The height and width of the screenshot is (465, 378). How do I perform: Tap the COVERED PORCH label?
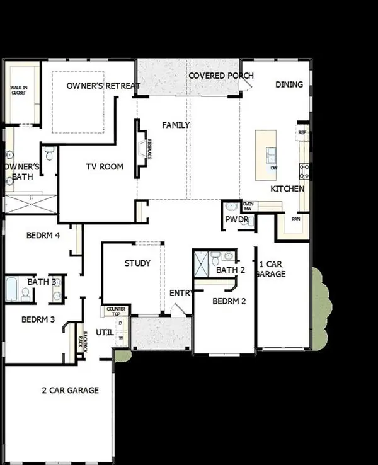(x=220, y=76)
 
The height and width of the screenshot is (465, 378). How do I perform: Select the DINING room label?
(x=289, y=84)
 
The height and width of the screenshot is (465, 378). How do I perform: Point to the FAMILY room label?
(x=176, y=125)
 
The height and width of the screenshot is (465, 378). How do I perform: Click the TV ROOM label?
(x=105, y=167)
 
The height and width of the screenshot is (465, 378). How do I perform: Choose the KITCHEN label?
(x=287, y=188)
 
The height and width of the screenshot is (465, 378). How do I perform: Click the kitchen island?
(x=268, y=154)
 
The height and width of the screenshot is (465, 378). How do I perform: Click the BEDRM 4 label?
(x=43, y=236)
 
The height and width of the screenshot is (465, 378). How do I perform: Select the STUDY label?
(x=137, y=263)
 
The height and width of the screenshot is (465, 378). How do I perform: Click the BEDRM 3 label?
(x=38, y=319)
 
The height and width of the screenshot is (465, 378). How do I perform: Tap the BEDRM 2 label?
(x=229, y=301)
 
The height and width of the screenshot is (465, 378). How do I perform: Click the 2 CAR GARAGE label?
(x=69, y=390)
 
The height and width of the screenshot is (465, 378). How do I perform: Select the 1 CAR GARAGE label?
(x=272, y=269)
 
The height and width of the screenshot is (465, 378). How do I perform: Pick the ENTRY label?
(x=181, y=293)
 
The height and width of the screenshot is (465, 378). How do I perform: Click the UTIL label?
(x=105, y=332)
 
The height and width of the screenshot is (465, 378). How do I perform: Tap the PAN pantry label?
(x=294, y=219)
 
